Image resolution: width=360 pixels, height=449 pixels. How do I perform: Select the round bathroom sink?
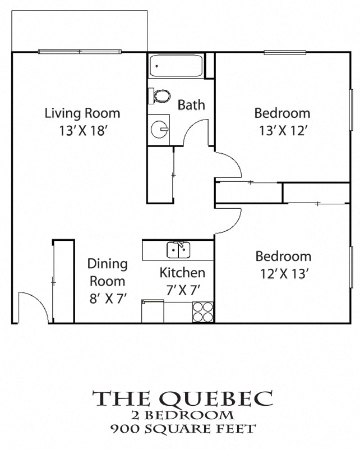(159, 128)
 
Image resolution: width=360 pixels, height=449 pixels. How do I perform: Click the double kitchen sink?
(179, 250)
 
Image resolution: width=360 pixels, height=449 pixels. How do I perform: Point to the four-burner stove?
(203, 312)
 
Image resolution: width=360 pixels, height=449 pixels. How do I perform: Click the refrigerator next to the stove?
(153, 311)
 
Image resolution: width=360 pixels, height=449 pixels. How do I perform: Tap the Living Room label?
(82, 113)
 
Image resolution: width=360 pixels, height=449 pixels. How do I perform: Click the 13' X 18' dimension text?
(82, 131)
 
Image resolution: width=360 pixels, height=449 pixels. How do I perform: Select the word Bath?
(191, 104)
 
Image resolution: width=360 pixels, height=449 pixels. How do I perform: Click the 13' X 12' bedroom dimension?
(282, 131)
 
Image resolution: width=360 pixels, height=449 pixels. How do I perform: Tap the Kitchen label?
(182, 273)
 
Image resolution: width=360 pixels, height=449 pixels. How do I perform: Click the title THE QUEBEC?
(183, 398)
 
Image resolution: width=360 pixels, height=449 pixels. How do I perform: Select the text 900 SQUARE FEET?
(183, 429)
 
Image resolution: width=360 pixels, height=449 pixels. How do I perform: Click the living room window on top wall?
(80, 52)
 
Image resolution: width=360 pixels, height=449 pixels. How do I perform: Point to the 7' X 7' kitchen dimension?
(182, 291)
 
